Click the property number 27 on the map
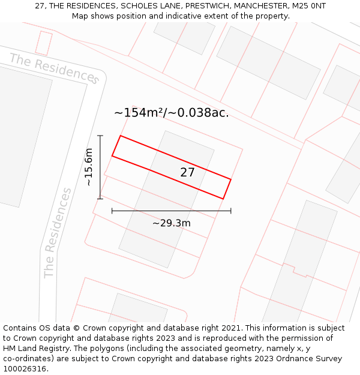tap(188, 173)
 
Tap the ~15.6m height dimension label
tap(89, 167)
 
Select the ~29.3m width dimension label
tap(171, 223)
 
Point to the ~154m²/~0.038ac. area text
tap(171, 113)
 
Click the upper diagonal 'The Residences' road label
tap(54, 68)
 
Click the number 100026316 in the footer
tap(25, 369)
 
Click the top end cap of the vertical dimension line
tap(100, 136)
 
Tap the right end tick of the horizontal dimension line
tap(231, 211)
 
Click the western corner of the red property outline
tap(112, 157)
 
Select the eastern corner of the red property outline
tap(231, 179)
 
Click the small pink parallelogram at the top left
tap(44, 43)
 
